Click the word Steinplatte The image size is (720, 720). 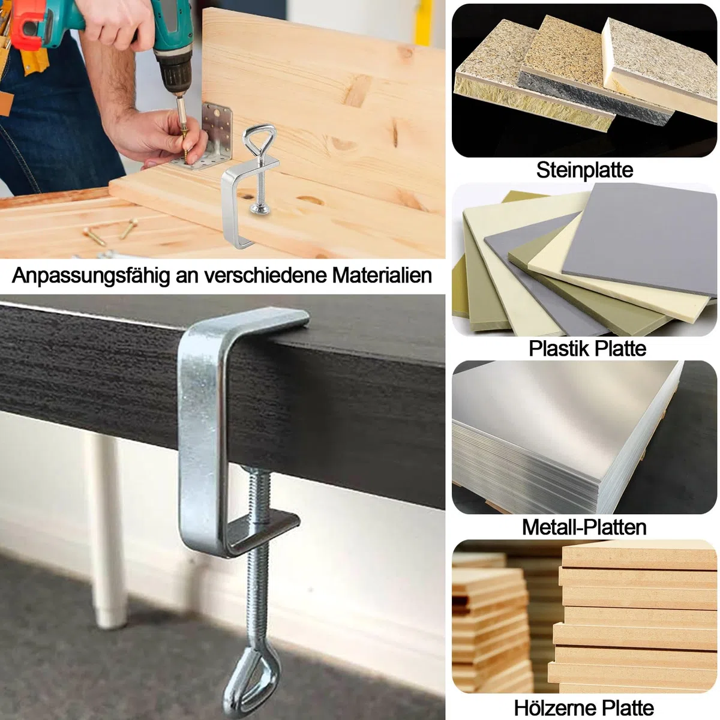tap(584, 170)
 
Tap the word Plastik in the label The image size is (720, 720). tap(559, 349)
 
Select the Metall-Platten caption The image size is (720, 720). tap(584, 527)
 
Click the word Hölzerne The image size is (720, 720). tap(549, 707)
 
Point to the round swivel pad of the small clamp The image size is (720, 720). tap(261, 208)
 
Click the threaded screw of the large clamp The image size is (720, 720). tap(258, 560)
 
